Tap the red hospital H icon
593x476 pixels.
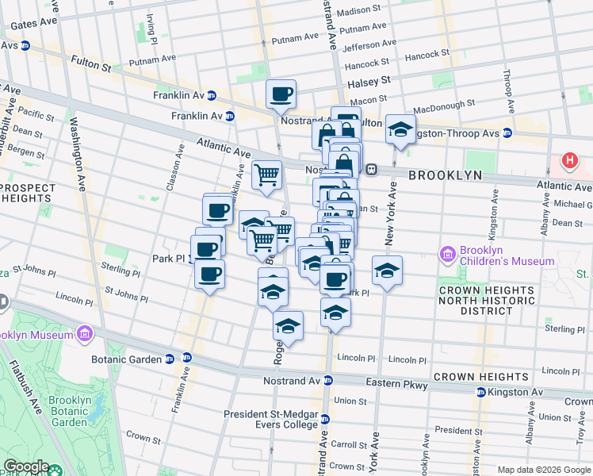(568, 161)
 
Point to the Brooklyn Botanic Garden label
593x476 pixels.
(70, 411)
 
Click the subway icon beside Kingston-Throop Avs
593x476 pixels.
(507, 133)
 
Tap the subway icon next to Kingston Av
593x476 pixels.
(480, 393)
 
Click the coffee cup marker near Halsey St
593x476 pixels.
(281, 95)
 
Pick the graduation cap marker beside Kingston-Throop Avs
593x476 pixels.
(400, 129)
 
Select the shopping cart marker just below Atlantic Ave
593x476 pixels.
(267, 174)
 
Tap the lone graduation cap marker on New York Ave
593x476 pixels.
(387, 271)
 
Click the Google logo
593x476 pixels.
(26, 466)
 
